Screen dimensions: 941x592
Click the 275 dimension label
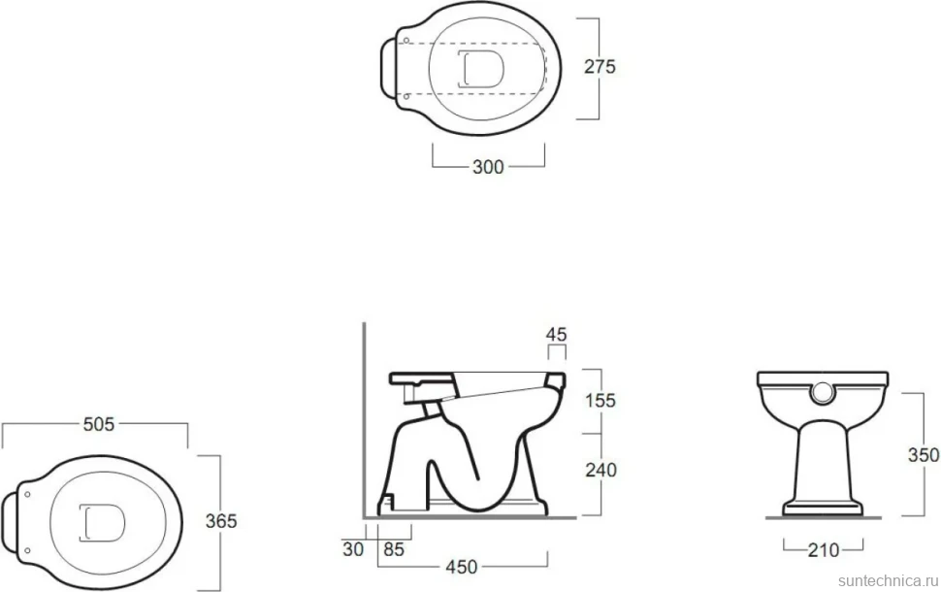[x=600, y=66]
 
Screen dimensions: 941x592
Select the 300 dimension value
[x=488, y=167]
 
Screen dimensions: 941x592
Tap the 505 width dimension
[x=98, y=424]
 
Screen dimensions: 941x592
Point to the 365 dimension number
[x=221, y=521]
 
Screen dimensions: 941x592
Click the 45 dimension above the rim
[x=556, y=335]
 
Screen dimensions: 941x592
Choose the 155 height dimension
[x=600, y=400]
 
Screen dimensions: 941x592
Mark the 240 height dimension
[x=600, y=470]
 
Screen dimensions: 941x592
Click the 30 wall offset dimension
[x=353, y=548]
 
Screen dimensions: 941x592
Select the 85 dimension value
[x=394, y=548]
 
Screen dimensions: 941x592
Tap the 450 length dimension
[x=462, y=566]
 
